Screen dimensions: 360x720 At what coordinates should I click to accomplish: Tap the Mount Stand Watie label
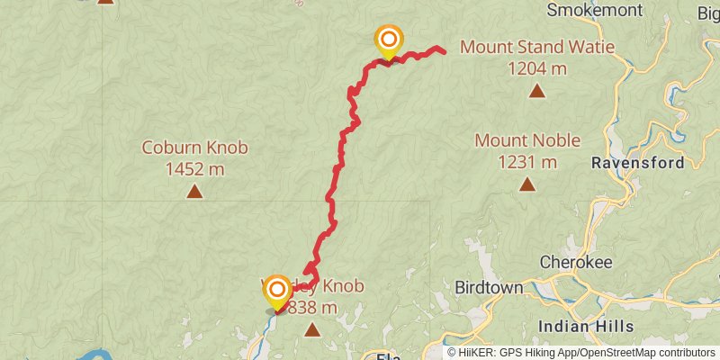[x=526, y=47]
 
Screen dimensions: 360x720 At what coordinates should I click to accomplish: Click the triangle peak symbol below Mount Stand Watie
[x=537, y=91]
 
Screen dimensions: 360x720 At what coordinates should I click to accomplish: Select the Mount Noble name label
[x=527, y=141]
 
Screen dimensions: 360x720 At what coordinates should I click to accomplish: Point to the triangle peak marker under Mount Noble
[x=526, y=185]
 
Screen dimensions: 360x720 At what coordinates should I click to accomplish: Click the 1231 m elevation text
[x=527, y=162]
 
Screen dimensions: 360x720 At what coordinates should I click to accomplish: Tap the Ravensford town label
[x=637, y=164]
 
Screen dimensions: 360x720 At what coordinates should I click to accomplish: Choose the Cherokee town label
[x=576, y=262]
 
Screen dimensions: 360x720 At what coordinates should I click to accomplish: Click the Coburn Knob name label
[x=194, y=148]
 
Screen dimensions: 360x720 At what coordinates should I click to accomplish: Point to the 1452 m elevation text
[x=194, y=168]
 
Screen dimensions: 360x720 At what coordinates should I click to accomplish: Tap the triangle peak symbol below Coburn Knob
[x=194, y=191]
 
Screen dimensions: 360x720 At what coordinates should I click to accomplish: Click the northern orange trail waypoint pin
[x=388, y=40]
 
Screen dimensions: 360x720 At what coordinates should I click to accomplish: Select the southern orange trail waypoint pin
[x=276, y=291]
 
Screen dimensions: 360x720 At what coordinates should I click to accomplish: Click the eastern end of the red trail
[x=445, y=50]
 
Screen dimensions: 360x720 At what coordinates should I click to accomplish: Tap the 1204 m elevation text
[x=536, y=68]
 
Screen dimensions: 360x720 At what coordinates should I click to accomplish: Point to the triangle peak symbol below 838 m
[x=312, y=330]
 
